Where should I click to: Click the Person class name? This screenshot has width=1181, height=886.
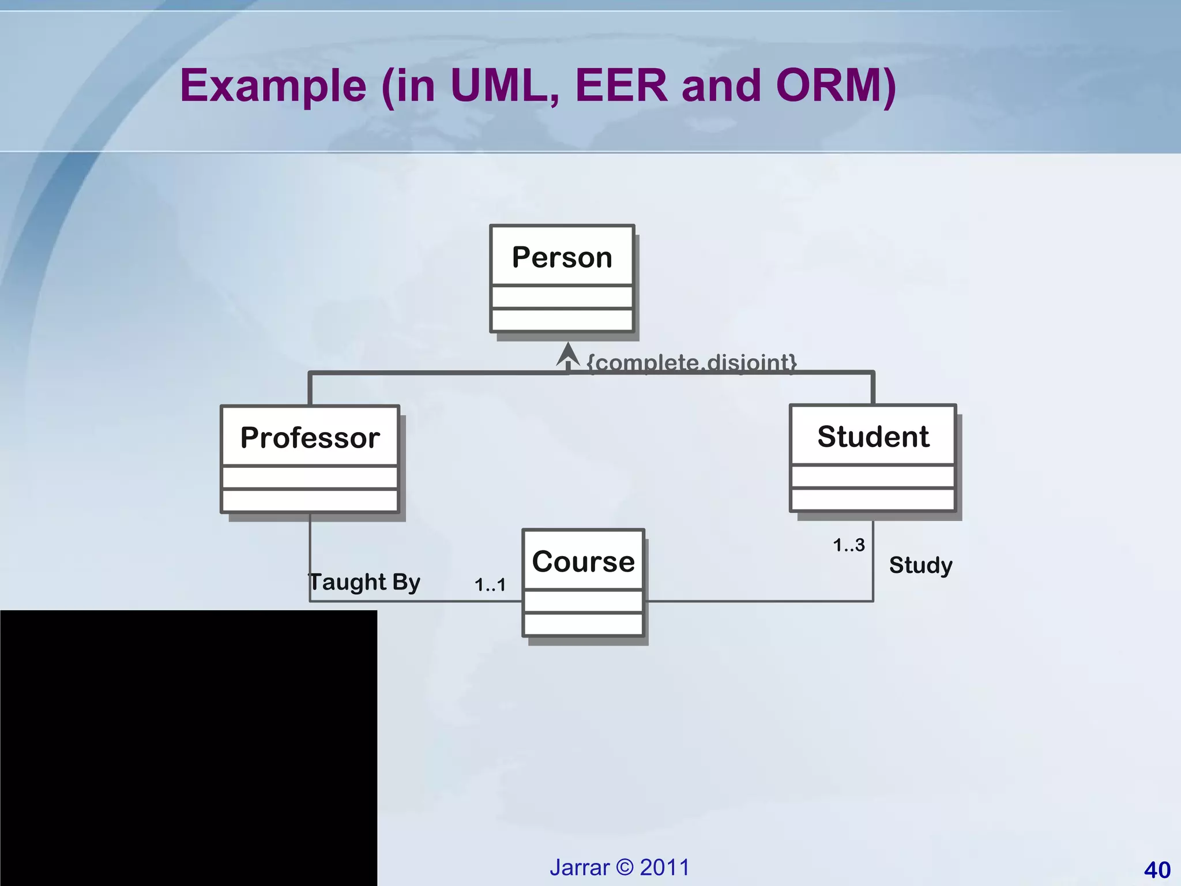point(562,257)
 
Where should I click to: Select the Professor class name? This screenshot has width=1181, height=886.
point(310,437)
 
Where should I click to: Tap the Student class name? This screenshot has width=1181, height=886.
point(873,436)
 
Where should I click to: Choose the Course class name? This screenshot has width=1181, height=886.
point(583,561)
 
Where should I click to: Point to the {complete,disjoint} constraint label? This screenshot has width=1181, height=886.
point(691,362)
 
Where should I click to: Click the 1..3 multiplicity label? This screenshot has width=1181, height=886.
point(849,545)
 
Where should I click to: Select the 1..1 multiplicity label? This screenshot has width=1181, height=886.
point(490,585)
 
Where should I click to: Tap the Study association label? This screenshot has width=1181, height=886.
point(920,565)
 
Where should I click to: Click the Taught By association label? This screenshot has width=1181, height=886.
point(364,581)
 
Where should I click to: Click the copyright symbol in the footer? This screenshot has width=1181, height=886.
point(625,868)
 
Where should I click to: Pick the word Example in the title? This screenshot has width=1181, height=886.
point(273,87)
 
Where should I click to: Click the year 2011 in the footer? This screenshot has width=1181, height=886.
point(665,868)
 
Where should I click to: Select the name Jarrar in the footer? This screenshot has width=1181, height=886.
point(580,868)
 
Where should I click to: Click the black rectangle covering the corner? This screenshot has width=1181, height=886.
point(188,748)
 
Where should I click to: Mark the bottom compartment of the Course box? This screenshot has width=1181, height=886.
point(583,624)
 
